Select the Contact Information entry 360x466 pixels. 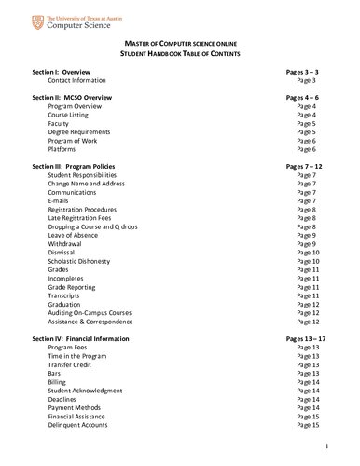pyautogui.click(x=83, y=80)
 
